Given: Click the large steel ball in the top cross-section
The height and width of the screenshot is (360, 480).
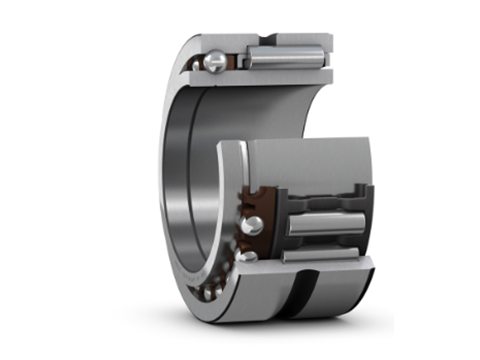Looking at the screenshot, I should click(216, 61).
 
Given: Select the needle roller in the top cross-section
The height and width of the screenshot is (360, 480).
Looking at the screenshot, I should click(285, 57).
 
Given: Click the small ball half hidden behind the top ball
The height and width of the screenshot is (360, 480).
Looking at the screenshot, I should click(196, 66).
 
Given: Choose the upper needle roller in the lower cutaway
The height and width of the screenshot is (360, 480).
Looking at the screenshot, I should click(326, 224).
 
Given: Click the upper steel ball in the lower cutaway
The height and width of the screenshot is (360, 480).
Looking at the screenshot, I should click(252, 225).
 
